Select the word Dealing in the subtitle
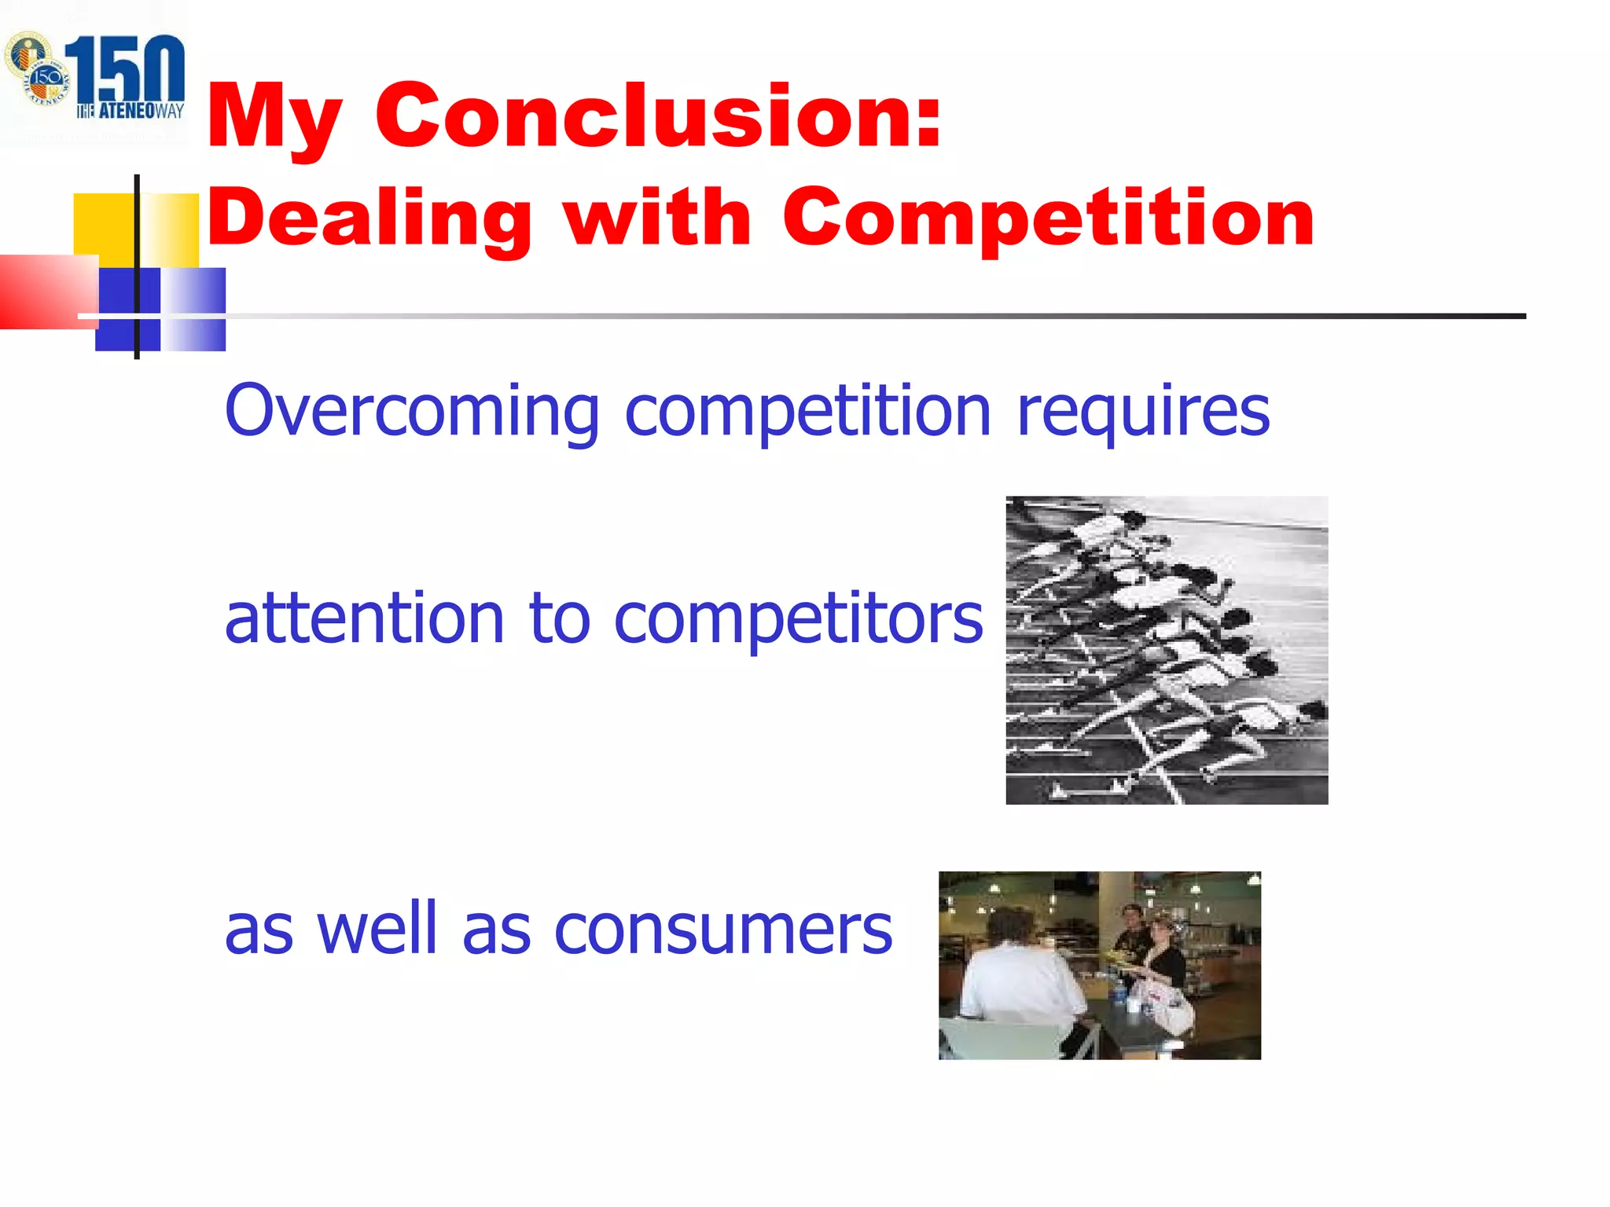tap(369, 218)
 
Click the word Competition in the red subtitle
tap(1048, 218)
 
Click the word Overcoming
tap(411, 411)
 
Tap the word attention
tap(363, 618)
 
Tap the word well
tap(376, 929)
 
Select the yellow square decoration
tap(106, 224)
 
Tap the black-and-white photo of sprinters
tap(1167, 650)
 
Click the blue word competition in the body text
tap(807, 413)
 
